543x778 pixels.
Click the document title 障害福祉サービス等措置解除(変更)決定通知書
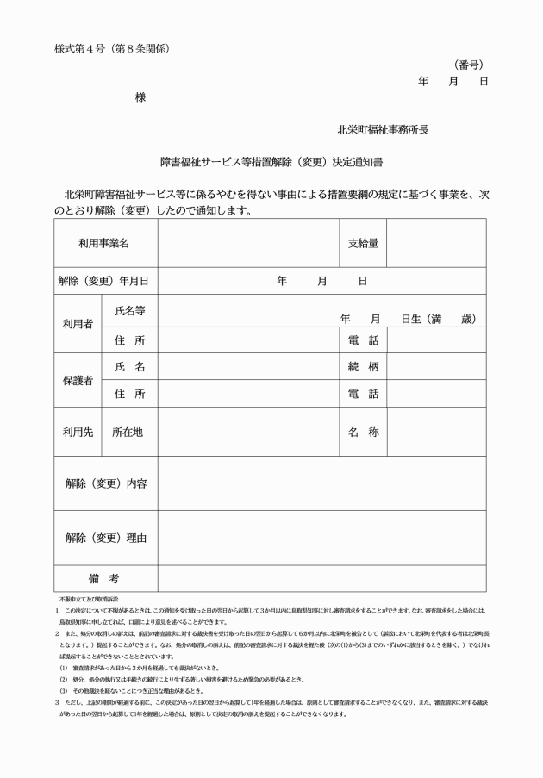point(271,160)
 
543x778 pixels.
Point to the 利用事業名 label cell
point(104,244)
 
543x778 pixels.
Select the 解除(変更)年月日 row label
point(104,281)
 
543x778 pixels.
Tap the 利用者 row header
point(78,324)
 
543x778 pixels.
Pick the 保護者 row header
point(78,380)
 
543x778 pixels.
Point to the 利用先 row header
point(78,432)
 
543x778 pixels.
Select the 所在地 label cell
point(129,432)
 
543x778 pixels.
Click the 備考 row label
point(103,578)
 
